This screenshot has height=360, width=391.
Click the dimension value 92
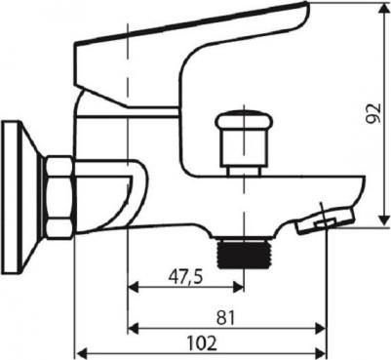tap(372, 114)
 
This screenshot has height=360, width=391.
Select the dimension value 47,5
tap(185, 277)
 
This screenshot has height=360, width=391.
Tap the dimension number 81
tap(225, 318)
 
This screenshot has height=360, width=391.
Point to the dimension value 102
tap(202, 343)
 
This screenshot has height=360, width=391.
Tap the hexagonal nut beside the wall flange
tap(59, 198)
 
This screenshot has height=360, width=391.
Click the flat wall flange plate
tap(9, 197)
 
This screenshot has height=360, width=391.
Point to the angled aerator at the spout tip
tap(325, 221)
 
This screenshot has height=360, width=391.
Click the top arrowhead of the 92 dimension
tap(384, 8)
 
